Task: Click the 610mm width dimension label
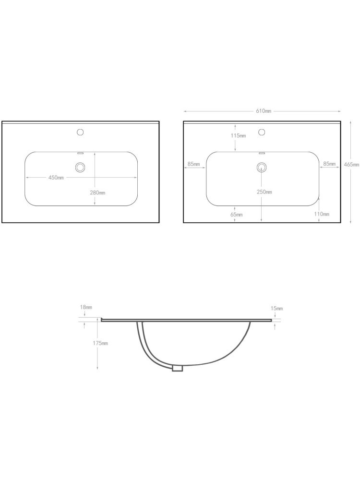(x=264, y=111)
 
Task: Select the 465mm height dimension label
(x=351, y=164)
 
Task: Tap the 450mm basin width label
(x=56, y=178)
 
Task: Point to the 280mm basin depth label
(x=97, y=192)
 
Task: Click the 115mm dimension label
(x=239, y=136)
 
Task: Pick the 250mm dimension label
(x=264, y=192)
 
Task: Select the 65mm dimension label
(x=236, y=215)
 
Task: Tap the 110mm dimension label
(x=322, y=214)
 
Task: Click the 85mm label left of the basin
(x=194, y=164)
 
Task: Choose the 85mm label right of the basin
(x=329, y=164)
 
